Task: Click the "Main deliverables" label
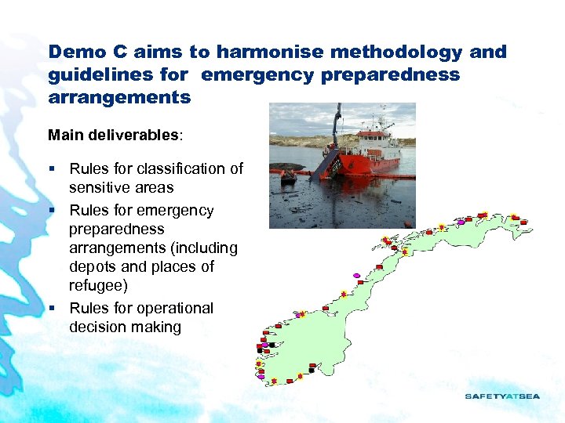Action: (x=114, y=135)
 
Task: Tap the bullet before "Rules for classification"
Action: (x=52, y=169)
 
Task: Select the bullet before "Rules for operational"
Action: (x=52, y=309)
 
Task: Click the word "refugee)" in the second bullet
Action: (x=98, y=286)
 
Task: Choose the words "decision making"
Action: (x=125, y=327)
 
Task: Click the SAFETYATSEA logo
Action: (x=502, y=396)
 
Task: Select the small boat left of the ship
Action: (x=288, y=178)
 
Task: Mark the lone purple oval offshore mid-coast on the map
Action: (x=357, y=275)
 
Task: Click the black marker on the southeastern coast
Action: (x=312, y=370)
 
